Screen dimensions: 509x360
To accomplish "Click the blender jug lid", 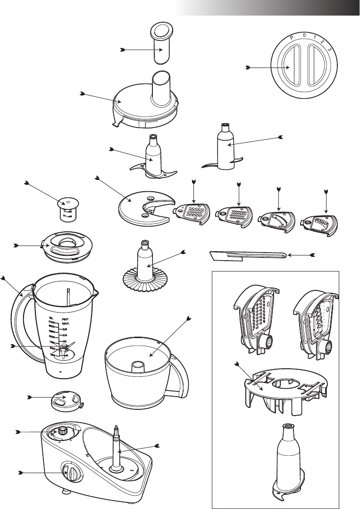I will (68, 247).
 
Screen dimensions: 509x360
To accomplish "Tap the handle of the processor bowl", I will (180, 373).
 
